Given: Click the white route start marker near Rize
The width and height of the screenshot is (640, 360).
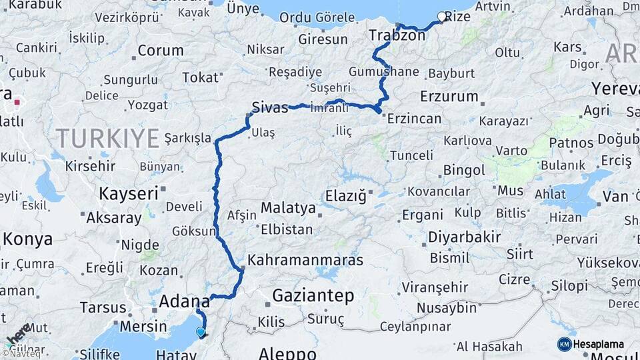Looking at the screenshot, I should [x=441, y=17].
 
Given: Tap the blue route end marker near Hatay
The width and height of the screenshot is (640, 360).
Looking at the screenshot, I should [x=201, y=331].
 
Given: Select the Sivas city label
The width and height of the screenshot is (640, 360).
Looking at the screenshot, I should [x=270, y=107].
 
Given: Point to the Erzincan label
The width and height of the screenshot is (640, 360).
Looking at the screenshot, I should [x=414, y=119].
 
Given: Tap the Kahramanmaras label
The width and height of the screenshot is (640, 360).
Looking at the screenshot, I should [x=305, y=259].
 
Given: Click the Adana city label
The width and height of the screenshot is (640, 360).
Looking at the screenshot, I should [x=184, y=302].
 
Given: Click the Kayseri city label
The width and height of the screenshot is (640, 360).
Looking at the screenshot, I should [x=128, y=194].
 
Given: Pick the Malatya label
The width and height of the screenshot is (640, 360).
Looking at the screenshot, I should [x=288, y=208].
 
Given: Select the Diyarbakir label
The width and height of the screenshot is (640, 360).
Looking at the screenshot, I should [x=464, y=237].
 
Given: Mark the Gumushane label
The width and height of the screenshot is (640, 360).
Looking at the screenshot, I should [x=383, y=71].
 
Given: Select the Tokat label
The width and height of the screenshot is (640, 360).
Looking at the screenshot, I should [x=200, y=78].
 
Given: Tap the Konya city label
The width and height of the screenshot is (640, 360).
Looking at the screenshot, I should [x=28, y=239].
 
